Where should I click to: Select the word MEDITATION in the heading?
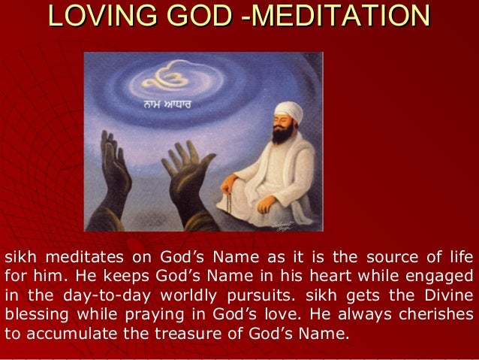tap(346, 18)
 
